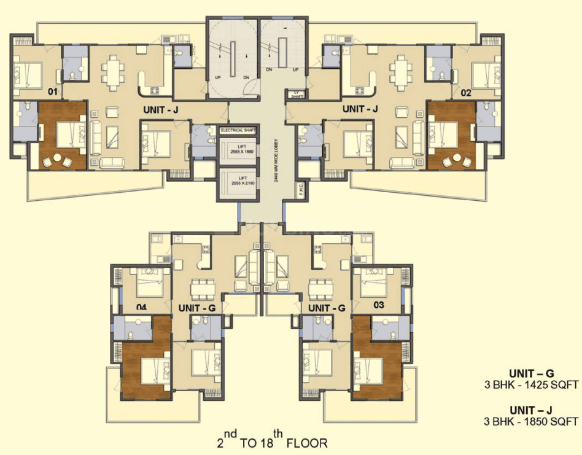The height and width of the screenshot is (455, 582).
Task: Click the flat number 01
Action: tap(53, 93)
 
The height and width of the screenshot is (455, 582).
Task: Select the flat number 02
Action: tap(466, 93)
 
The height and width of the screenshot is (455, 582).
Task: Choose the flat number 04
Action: tap(141, 306)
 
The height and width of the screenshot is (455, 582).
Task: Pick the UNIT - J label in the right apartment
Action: tap(360, 109)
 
